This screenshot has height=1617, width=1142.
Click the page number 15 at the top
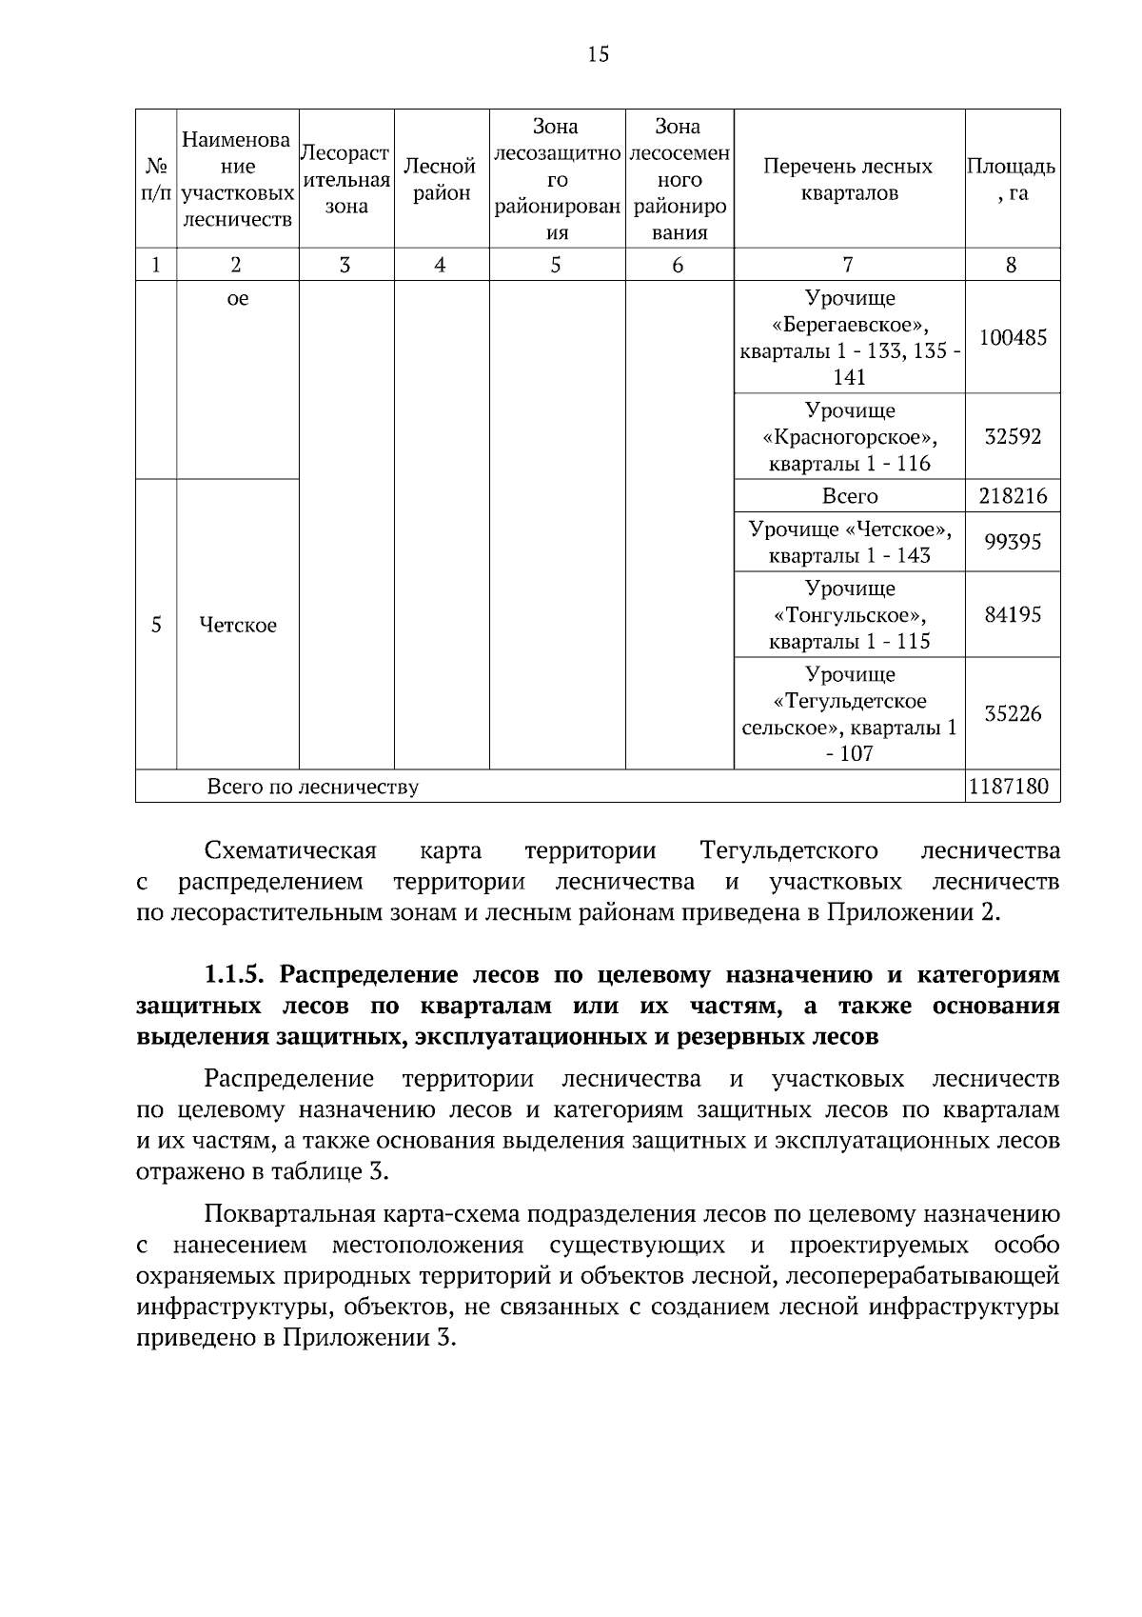(x=598, y=54)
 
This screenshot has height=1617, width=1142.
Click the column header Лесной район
(x=440, y=179)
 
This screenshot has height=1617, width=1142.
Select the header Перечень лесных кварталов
(x=848, y=179)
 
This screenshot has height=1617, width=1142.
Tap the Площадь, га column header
(x=1012, y=179)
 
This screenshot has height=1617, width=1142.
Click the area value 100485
(x=1013, y=337)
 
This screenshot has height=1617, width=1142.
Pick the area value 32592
(x=1013, y=436)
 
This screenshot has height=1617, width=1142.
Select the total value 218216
(x=1013, y=496)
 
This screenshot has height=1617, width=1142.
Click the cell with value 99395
(x=1013, y=542)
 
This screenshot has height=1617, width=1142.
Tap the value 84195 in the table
(x=1013, y=614)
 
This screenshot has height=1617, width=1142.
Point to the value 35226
(x=1013, y=713)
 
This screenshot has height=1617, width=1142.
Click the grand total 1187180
(x=1013, y=787)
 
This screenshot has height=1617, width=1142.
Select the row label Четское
(x=238, y=626)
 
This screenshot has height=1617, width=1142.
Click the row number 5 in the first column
(x=156, y=626)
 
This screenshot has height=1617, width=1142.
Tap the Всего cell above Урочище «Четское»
(x=849, y=496)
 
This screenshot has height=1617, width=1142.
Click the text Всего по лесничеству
(x=312, y=788)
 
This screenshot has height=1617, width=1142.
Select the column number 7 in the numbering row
(x=848, y=265)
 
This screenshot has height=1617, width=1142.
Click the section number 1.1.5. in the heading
(x=237, y=975)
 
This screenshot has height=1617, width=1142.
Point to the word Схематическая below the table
(x=290, y=850)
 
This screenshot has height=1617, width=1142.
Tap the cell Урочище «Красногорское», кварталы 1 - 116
(x=849, y=437)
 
